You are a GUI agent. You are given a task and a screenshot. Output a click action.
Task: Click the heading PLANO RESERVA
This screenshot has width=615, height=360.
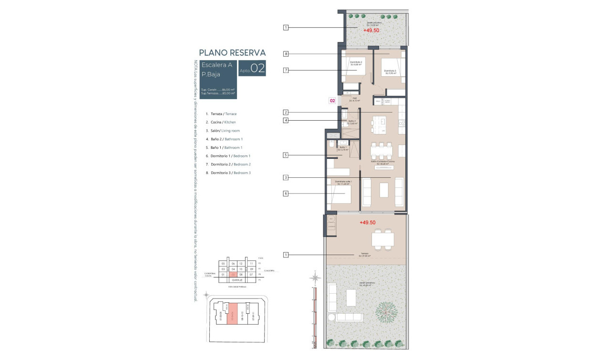pyautogui.click(x=232, y=53)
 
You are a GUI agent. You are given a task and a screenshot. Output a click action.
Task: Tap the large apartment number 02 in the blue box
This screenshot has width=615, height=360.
pyautogui.click(x=257, y=69)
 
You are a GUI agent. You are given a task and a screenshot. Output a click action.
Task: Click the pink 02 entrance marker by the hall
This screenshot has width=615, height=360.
pyautogui.click(x=333, y=101)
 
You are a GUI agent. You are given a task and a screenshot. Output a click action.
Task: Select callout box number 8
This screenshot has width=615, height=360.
pyautogui.click(x=286, y=54)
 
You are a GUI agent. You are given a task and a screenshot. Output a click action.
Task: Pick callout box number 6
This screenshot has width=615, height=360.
pyautogui.click(x=286, y=194)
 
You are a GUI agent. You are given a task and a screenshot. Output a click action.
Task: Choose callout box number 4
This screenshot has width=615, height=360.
pyautogui.click(x=286, y=121)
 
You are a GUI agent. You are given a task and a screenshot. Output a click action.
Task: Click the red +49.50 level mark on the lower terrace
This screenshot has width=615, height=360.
pyautogui.click(x=368, y=222)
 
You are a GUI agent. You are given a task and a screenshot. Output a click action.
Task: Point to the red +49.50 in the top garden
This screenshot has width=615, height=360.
pyautogui.click(x=371, y=30)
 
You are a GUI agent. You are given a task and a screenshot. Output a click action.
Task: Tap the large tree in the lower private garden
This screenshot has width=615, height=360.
pyautogui.click(x=386, y=312)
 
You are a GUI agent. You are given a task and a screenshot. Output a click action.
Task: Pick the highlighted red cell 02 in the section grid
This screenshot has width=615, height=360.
pyautogui.click(x=233, y=275)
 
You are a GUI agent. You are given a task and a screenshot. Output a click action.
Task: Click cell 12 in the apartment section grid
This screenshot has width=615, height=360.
pyautogui.click(x=241, y=264)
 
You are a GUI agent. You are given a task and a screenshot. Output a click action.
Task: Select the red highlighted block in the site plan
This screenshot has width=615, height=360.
pyautogui.click(x=231, y=313)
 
